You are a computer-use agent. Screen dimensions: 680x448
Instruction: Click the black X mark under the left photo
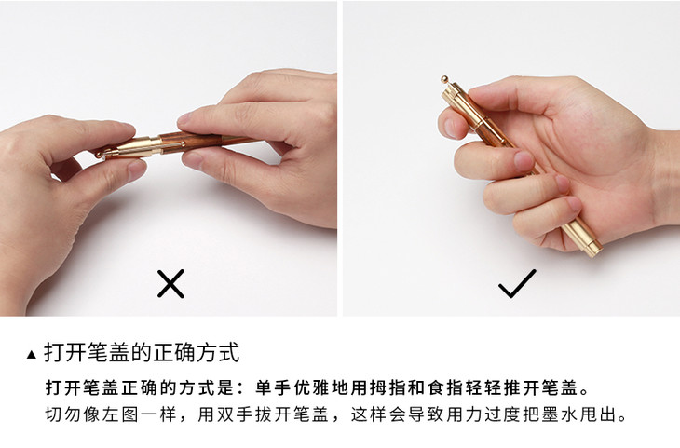[170, 284]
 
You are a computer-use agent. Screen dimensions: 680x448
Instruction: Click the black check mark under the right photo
[517, 284]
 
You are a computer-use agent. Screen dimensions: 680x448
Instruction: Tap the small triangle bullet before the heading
[32, 355]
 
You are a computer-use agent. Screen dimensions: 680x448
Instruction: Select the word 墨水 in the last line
[559, 414]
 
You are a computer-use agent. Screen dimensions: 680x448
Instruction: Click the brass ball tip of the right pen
[445, 79]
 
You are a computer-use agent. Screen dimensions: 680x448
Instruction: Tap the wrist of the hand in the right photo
[663, 178]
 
